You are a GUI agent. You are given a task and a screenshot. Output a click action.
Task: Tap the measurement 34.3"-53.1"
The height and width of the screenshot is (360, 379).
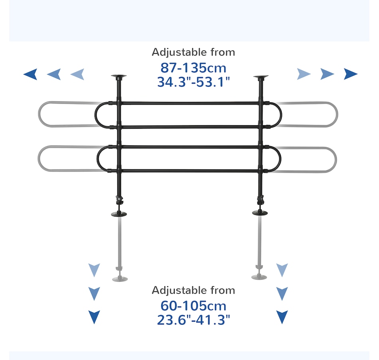193,82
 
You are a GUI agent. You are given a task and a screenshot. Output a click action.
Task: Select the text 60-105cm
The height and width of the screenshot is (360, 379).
193,306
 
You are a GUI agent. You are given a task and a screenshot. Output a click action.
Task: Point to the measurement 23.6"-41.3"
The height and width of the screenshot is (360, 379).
193,320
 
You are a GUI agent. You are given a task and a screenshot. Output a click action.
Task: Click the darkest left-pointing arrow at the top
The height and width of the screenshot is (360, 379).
30,74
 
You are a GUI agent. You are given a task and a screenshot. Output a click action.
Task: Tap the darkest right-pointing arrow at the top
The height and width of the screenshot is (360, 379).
351,74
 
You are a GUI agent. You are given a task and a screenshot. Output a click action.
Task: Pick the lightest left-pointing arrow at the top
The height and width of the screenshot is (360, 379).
77,74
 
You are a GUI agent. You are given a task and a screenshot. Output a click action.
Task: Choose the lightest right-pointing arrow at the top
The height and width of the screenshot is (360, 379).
304,74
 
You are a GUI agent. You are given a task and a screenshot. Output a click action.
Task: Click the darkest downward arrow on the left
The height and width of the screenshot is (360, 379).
94,317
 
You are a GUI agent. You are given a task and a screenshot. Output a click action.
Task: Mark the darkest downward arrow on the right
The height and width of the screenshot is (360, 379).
282,317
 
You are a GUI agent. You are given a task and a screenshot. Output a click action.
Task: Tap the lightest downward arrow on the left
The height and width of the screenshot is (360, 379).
94,270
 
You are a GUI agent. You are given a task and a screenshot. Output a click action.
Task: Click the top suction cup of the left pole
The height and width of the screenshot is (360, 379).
118,76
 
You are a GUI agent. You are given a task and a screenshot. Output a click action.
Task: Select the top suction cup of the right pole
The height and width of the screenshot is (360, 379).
261,76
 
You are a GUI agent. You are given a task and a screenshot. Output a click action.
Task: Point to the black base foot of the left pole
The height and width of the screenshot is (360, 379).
119,214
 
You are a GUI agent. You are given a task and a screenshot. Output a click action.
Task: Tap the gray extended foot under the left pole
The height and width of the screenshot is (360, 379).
120,278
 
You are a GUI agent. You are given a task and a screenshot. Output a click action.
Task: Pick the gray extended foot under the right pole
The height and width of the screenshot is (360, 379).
259,276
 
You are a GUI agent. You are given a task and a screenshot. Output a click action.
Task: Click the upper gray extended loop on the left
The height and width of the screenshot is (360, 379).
52,114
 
